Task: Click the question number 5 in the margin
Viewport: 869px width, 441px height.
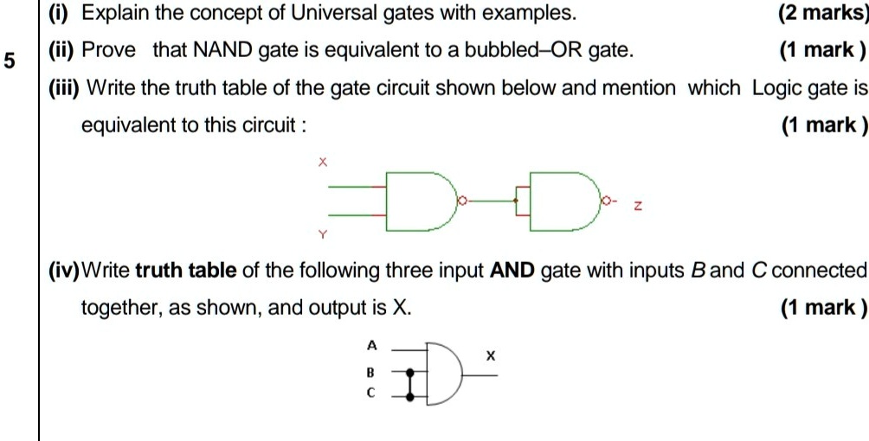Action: coord(10,61)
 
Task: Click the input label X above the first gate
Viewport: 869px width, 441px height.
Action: coord(323,161)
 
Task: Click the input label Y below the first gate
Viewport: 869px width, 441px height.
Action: coord(323,234)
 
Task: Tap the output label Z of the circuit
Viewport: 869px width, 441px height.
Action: coord(638,207)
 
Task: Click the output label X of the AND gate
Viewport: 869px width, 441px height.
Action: coord(491,355)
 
